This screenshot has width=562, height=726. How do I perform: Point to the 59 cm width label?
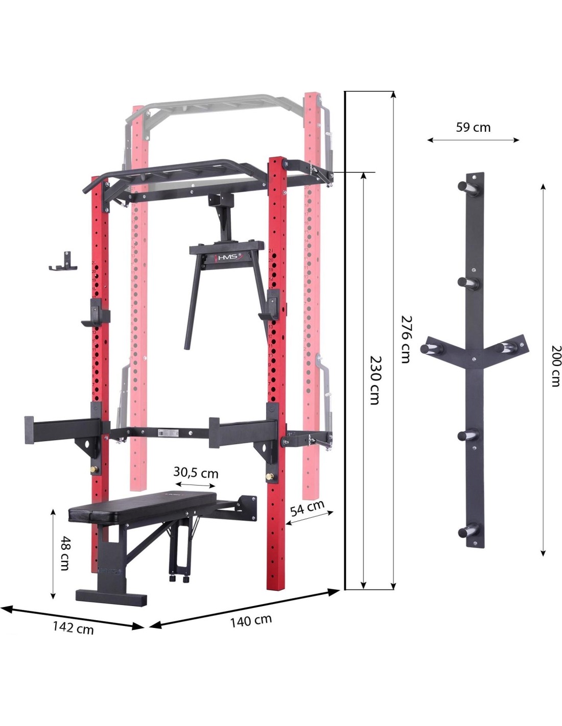[x=473, y=127]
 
